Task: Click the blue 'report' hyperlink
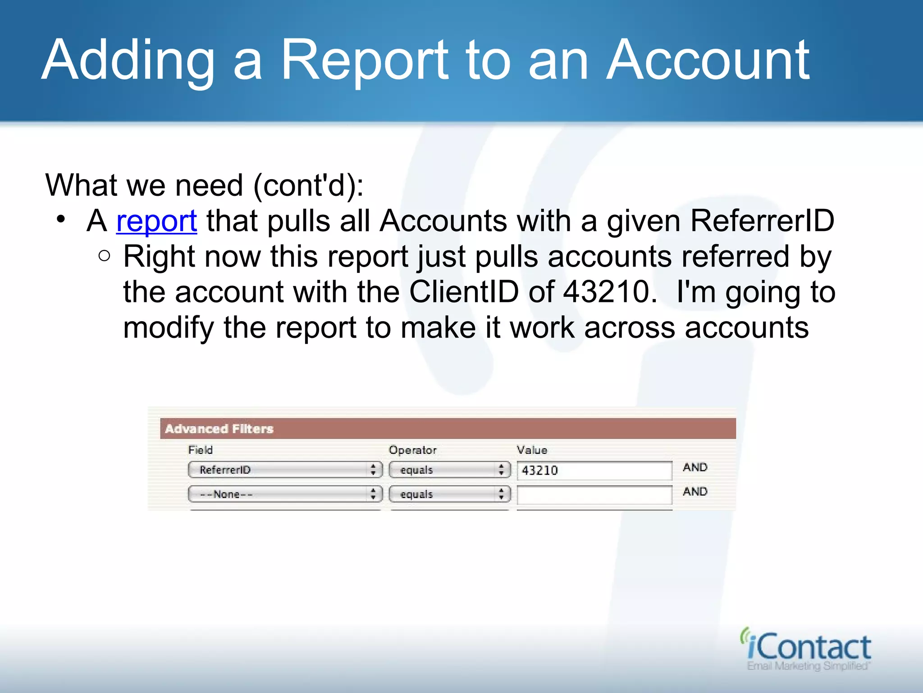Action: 156,222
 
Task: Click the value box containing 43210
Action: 594,471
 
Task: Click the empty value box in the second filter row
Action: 594,495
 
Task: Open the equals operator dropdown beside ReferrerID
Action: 449,470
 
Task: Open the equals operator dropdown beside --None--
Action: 449,494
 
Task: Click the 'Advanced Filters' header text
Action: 219,429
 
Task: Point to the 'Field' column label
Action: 201,450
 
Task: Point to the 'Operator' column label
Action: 412,450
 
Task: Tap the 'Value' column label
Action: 532,450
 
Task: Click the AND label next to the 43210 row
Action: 695,467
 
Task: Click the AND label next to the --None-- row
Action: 695,492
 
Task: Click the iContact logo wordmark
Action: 808,647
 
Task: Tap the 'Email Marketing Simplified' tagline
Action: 808,666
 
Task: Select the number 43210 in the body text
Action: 610,292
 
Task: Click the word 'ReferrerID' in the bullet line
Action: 762,222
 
